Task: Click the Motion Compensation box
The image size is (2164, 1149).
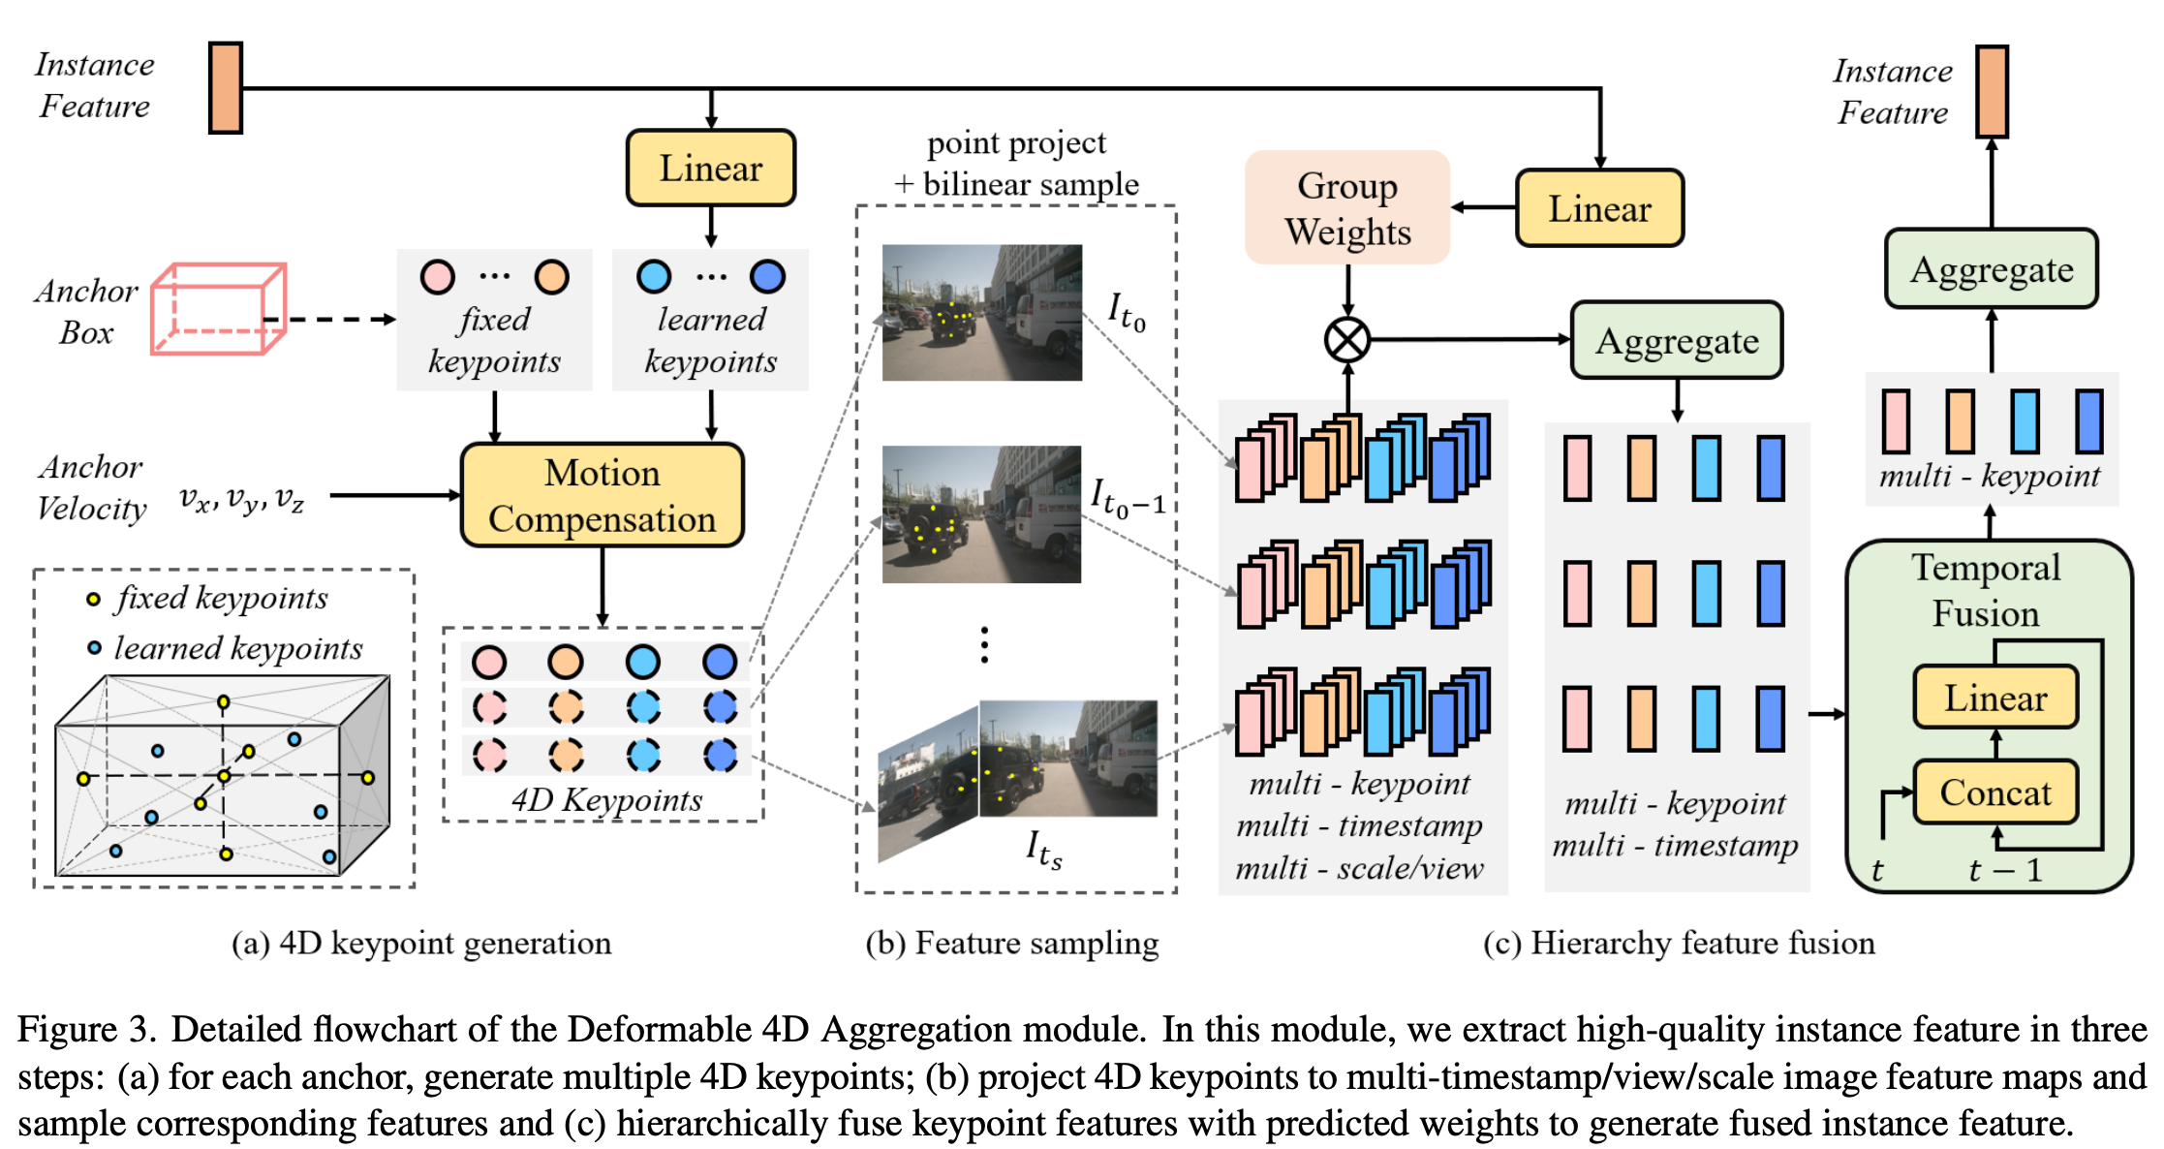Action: tap(602, 495)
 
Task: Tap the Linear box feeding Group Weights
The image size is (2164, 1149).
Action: tap(1599, 208)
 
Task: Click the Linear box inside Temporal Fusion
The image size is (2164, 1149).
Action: tap(1995, 697)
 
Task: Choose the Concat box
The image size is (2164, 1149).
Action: tap(1995, 792)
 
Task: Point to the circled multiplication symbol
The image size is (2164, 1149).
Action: tap(1346, 340)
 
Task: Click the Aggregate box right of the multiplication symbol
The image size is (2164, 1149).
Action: tap(1677, 340)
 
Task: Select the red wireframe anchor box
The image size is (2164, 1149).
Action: tap(218, 308)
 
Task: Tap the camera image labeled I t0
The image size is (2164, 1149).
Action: tap(981, 312)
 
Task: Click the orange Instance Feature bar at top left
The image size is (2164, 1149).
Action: tap(226, 87)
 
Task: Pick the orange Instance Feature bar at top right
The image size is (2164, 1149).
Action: tap(1992, 91)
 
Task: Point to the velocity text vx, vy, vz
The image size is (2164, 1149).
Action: tap(241, 498)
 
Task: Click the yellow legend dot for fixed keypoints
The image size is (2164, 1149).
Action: tap(93, 599)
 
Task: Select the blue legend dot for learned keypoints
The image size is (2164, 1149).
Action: tap(94, 647)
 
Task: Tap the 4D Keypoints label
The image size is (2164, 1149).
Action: tap(606, 800)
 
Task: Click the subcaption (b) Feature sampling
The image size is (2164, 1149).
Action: tap(1011, 943)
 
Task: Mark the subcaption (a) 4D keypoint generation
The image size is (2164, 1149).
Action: tap(421, 943)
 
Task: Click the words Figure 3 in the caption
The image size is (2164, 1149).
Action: tap(85, 1029)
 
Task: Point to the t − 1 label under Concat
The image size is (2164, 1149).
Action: tap(2004, 870)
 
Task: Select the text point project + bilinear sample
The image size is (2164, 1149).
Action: tap(1016, 163)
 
